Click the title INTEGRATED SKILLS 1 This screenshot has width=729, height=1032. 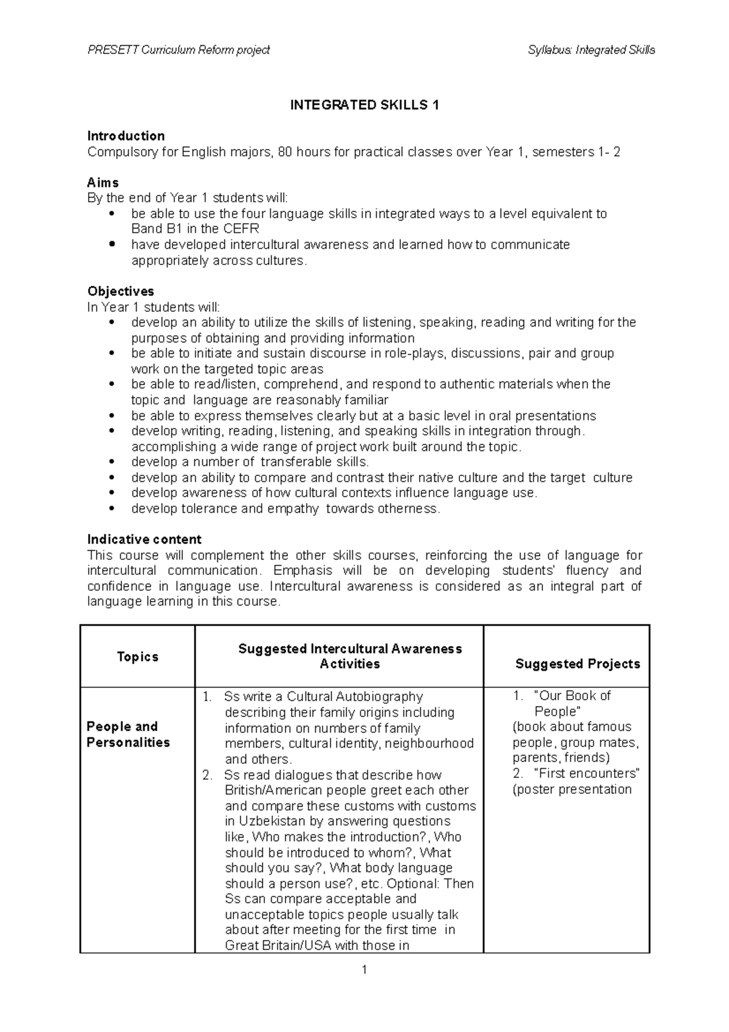(x=364, y=105)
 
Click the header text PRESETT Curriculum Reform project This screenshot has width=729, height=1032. (x=179, y=50)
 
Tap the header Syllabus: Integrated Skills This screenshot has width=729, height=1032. (x=591, y=50)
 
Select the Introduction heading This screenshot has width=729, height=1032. (x=126, y=136)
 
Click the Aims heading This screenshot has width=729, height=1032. (x=103, y=182)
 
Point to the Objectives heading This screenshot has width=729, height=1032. (x=120, y=291)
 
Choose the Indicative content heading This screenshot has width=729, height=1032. (x=144, y=539)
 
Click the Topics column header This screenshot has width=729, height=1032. (x=138, y=656)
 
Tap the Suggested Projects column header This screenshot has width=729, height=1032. (x=577, y=664)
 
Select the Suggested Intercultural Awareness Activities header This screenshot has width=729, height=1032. (x=350, y=656)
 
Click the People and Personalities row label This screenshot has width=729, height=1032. (x=128, y=734)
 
